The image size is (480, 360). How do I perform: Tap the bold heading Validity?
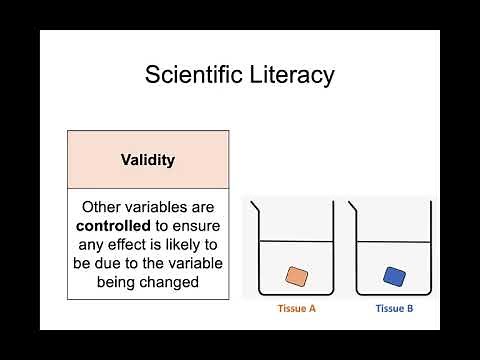coord(148,159)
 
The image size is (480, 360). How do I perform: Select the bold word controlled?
coord(119,226)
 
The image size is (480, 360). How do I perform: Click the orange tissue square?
coord(296,276)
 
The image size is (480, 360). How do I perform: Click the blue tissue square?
coord(393,276)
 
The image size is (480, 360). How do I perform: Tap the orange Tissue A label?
coord(296,308)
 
